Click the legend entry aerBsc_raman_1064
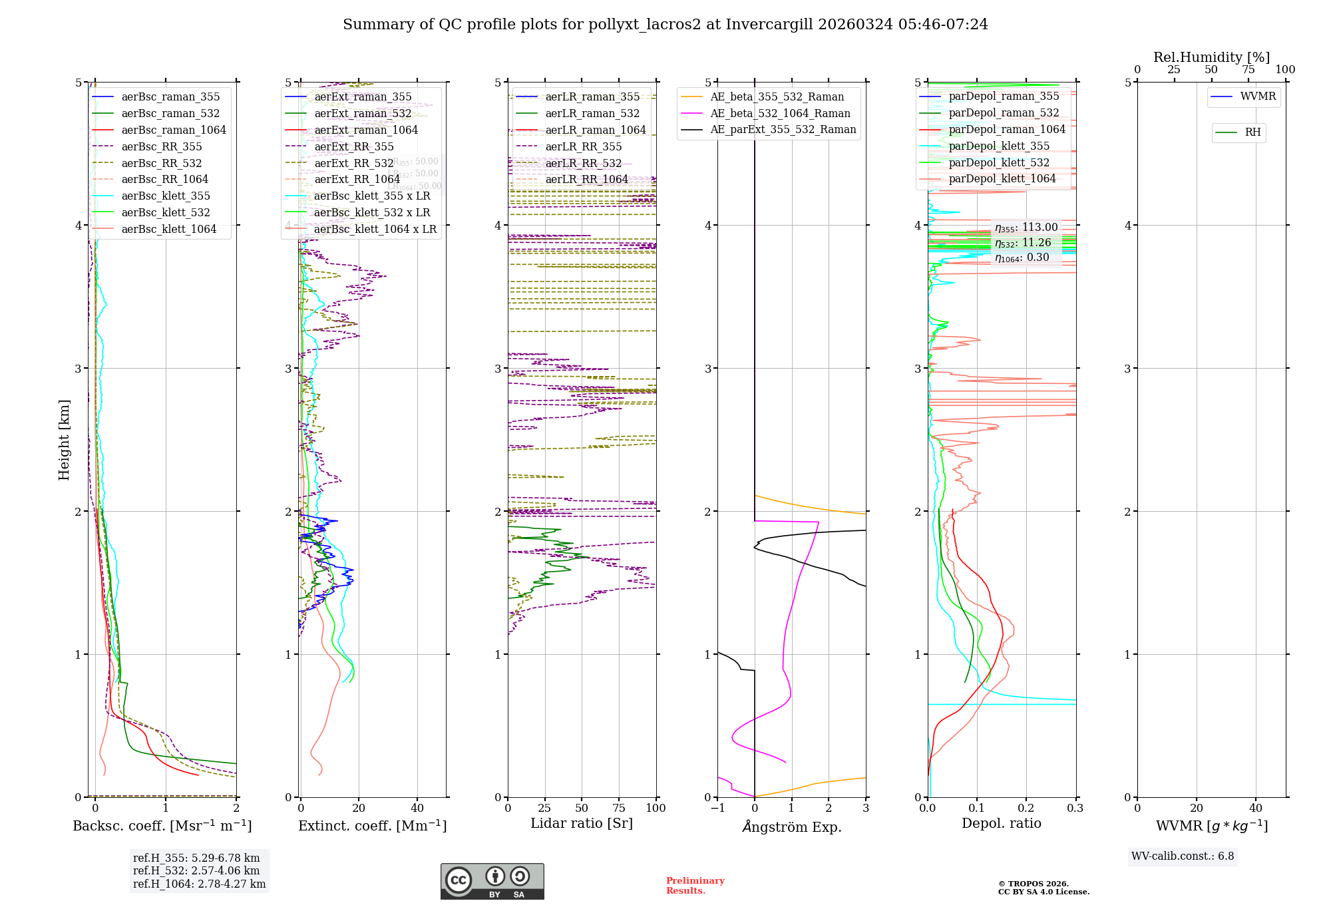click(173, 130)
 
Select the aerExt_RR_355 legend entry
click(353, 146)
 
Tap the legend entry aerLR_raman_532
click(592, 114)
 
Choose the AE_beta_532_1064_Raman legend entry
click(780, 114)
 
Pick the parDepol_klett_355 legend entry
click(999, 146)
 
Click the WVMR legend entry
click(1258, 96)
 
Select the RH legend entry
click(1252, 132)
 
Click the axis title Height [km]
click(64, 439)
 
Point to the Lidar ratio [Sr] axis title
click(582, 823)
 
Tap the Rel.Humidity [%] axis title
click(1211, 57)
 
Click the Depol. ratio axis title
click(1001, 823)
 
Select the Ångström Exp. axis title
click(791, 826)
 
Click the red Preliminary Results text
click(695, 886)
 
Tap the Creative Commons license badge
click(492, 881)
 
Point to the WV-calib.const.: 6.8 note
click(1182, 856)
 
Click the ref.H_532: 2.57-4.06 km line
click(196, 870)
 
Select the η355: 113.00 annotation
click(1026, 228)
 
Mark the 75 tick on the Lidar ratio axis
click(619, 808)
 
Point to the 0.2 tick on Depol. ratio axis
click(1026, 808)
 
